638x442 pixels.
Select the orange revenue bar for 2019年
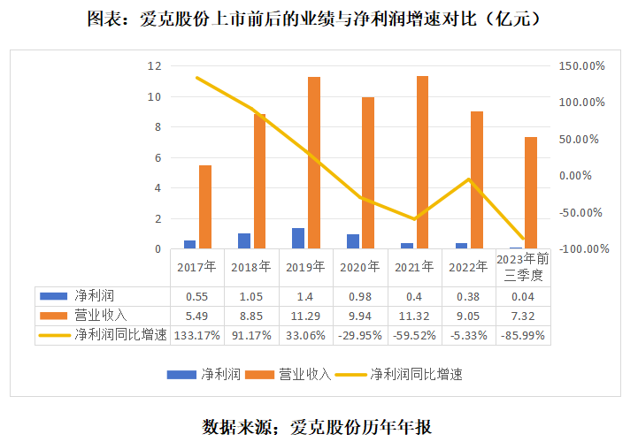point(314,163)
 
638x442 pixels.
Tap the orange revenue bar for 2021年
point(423,163)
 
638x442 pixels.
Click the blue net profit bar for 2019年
point(299,239)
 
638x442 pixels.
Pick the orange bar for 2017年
point(205,207)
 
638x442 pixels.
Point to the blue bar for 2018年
point(244,241)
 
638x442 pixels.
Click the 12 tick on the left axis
point(154,66)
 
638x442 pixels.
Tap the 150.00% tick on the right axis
point(580,66)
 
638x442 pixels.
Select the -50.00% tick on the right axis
point(580,213)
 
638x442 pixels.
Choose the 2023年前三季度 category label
point(522,266)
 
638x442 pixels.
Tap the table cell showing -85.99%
point(523,334)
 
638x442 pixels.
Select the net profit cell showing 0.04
point(523,295)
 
